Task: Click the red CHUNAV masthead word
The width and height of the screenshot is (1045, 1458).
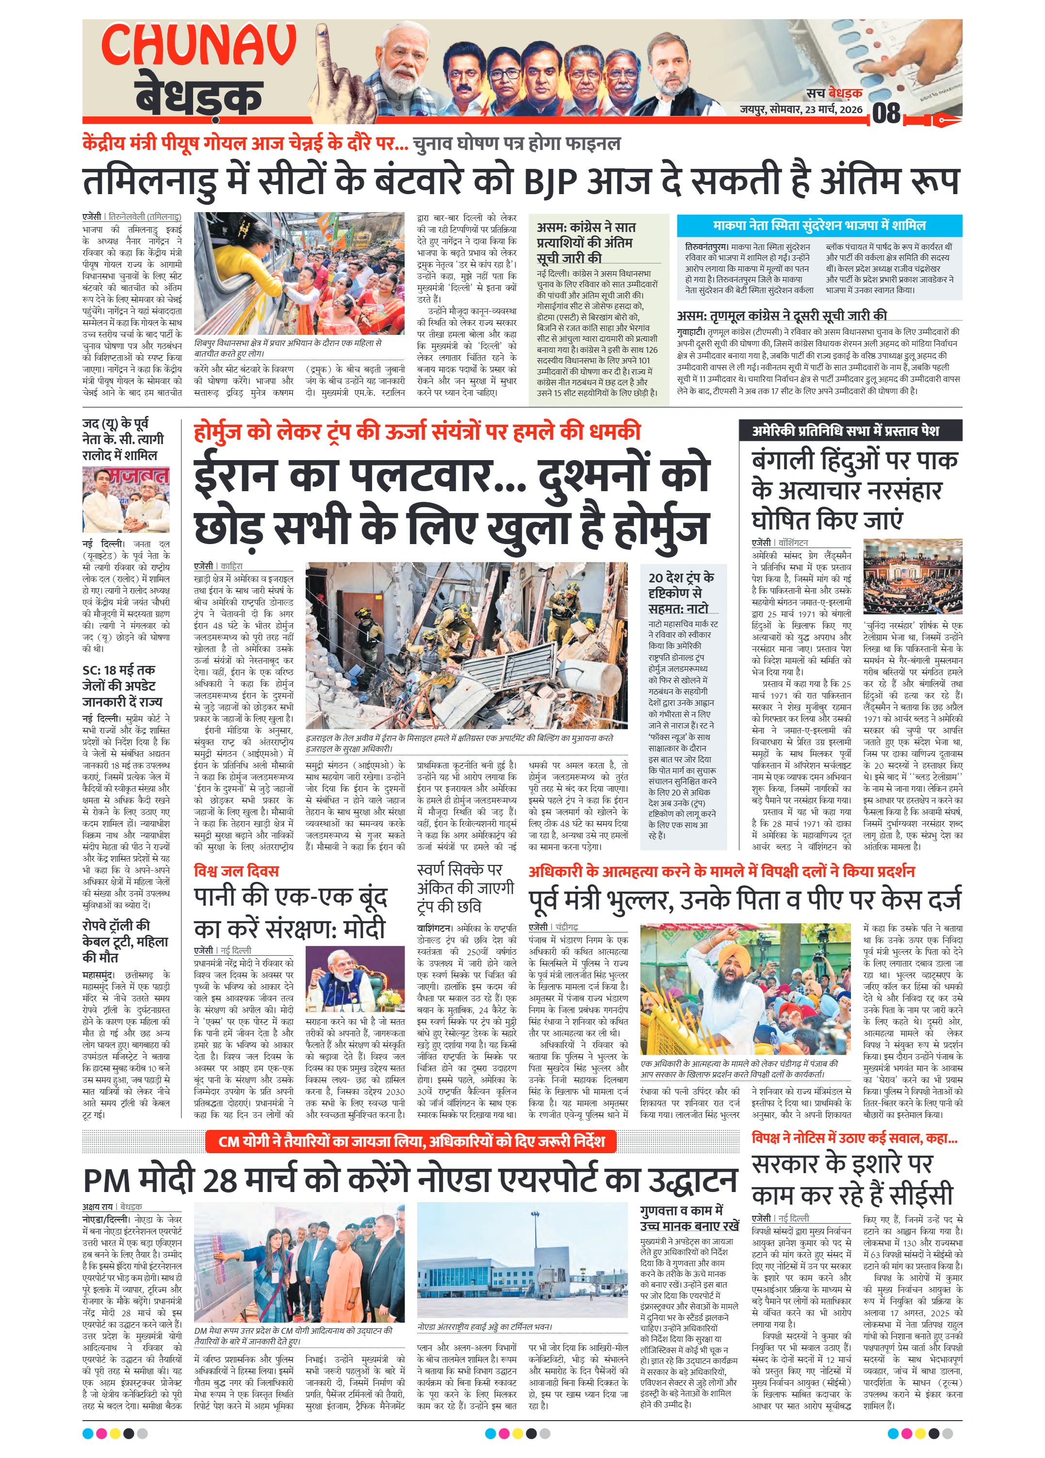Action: tap(198, 45)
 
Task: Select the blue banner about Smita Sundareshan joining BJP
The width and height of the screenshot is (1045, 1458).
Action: tap(819, 226)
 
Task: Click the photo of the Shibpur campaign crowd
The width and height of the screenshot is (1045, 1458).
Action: tap(299, 273)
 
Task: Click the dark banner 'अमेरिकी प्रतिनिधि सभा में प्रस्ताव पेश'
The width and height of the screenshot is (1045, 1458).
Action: tap(849, 431)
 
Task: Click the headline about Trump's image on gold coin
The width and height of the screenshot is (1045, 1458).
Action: tap(465, 888)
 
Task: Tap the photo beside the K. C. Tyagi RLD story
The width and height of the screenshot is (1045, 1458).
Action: tap(126, 499)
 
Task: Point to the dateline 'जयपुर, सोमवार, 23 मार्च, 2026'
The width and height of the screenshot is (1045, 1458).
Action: tap(800, 109)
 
